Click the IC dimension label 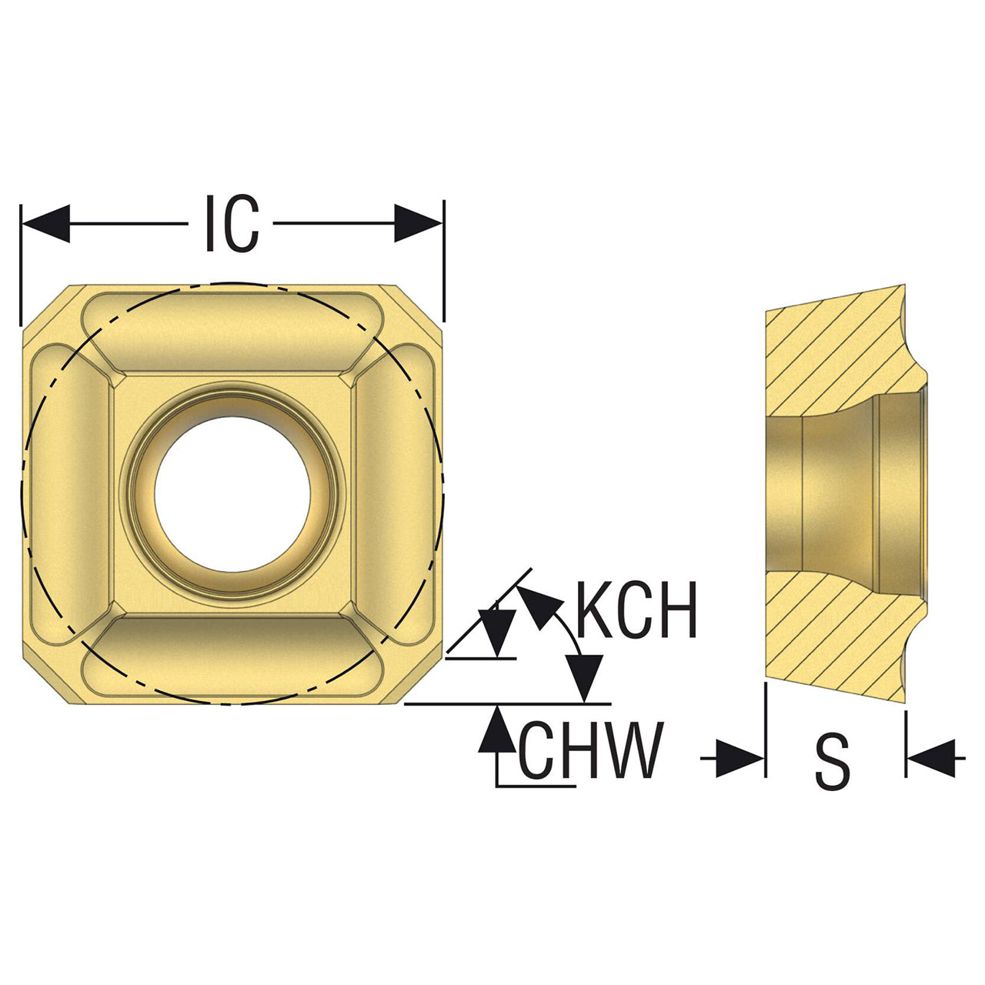232,223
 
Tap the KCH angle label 636,609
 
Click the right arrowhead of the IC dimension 419,223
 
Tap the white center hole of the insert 232,494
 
